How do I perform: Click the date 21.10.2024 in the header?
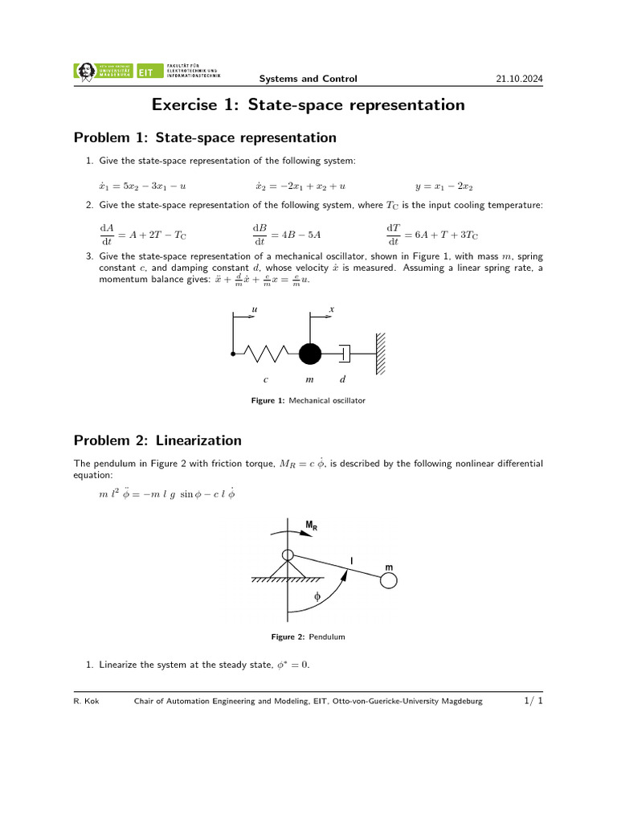[521, 79]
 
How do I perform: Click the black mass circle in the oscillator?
[310, 353]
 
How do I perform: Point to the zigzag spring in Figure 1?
[264, 353]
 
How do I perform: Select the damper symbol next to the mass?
[345, 353]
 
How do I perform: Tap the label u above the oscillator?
[255, 309]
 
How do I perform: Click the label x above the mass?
[332, 309]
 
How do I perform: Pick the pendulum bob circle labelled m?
[389, 580]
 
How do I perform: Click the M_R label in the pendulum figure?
[311, 526]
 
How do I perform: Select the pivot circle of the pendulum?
[287, 555]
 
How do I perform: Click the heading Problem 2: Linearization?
[157, 440]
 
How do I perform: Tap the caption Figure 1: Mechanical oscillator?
[308, 400]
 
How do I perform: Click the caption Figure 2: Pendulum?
[308, 637]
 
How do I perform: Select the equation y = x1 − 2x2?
[444, 186]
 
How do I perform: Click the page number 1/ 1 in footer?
[533, 702]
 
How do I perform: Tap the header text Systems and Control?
[308, 79]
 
